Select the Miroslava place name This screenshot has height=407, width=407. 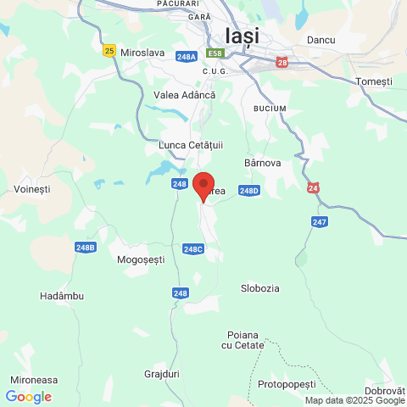coord(142,53)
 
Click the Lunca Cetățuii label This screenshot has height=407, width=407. coord(190,146)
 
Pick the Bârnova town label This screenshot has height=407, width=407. coord(262,162)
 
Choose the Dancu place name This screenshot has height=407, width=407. coord(321,40)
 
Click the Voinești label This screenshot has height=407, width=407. coord(33,188)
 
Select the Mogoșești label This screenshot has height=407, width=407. coord(141,259)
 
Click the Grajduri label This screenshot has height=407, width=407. coord(162,372)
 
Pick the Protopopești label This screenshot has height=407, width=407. coord(293,383)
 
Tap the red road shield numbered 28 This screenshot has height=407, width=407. coord(282,62)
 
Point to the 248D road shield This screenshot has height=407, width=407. coord(248,191)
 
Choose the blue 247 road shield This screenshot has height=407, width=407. coord(318,222)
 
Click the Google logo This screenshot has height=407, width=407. coord(28,396)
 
